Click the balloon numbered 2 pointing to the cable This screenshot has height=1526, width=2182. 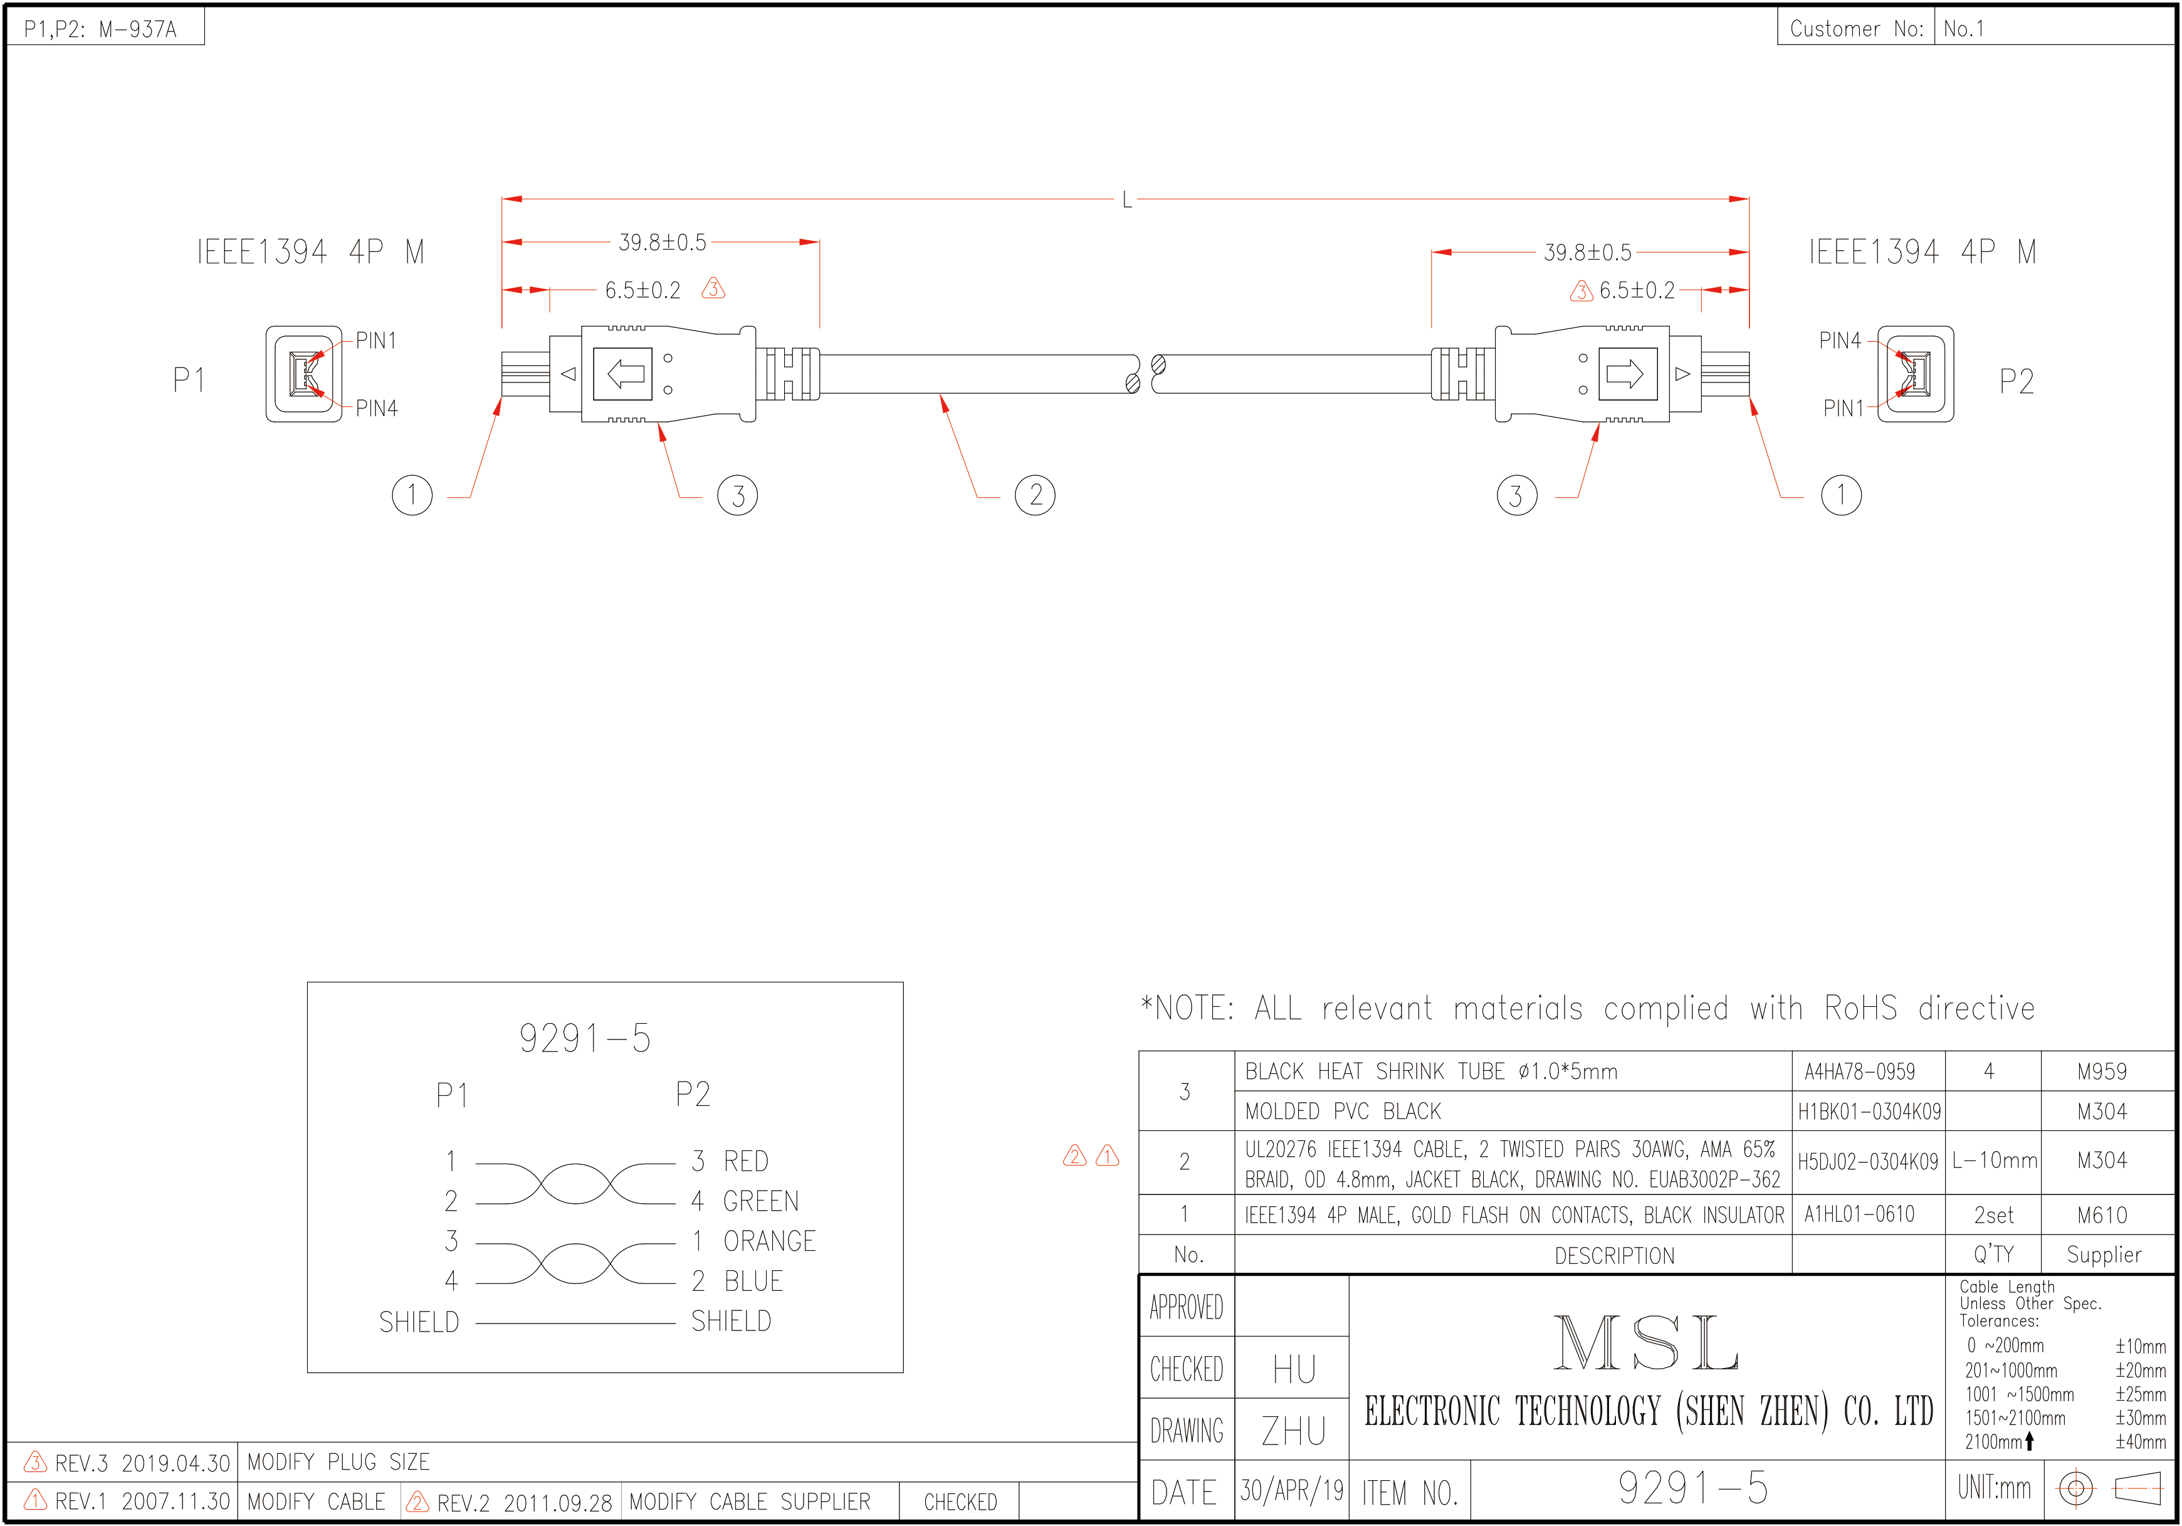(x=1035, y=495)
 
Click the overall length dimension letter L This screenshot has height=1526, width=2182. (x=1126, y=199)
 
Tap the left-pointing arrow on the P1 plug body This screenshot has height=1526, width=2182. (x=624, y=374)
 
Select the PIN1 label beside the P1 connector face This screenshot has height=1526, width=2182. (x=376, y=340)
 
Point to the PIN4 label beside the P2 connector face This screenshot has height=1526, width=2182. (x=1840, y=340)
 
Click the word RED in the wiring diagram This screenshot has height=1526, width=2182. (x=746, y=1161)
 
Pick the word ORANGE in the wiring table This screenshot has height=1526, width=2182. (x=770, y=1241)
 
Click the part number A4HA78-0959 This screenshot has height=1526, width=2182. (x=1860, y=1071)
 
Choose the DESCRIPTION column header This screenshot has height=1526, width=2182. (x=1615, y=1256)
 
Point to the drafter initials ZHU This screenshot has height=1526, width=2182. (x=1293, y=1431)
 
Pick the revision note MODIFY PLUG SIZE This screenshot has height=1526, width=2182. (x=338, y=1462)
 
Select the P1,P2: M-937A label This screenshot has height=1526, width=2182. (x=101, y=28)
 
